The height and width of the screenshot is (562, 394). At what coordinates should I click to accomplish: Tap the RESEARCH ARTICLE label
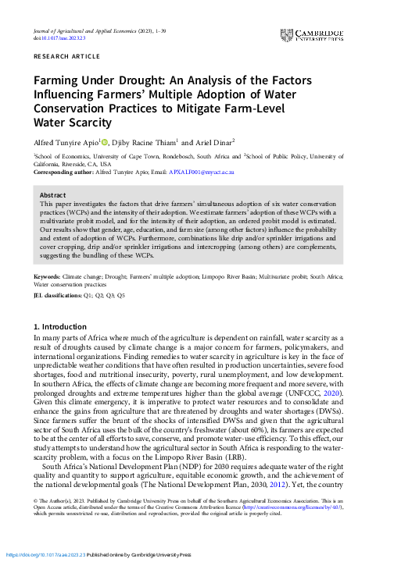63,59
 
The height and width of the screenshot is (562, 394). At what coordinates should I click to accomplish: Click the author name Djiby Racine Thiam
147,144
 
